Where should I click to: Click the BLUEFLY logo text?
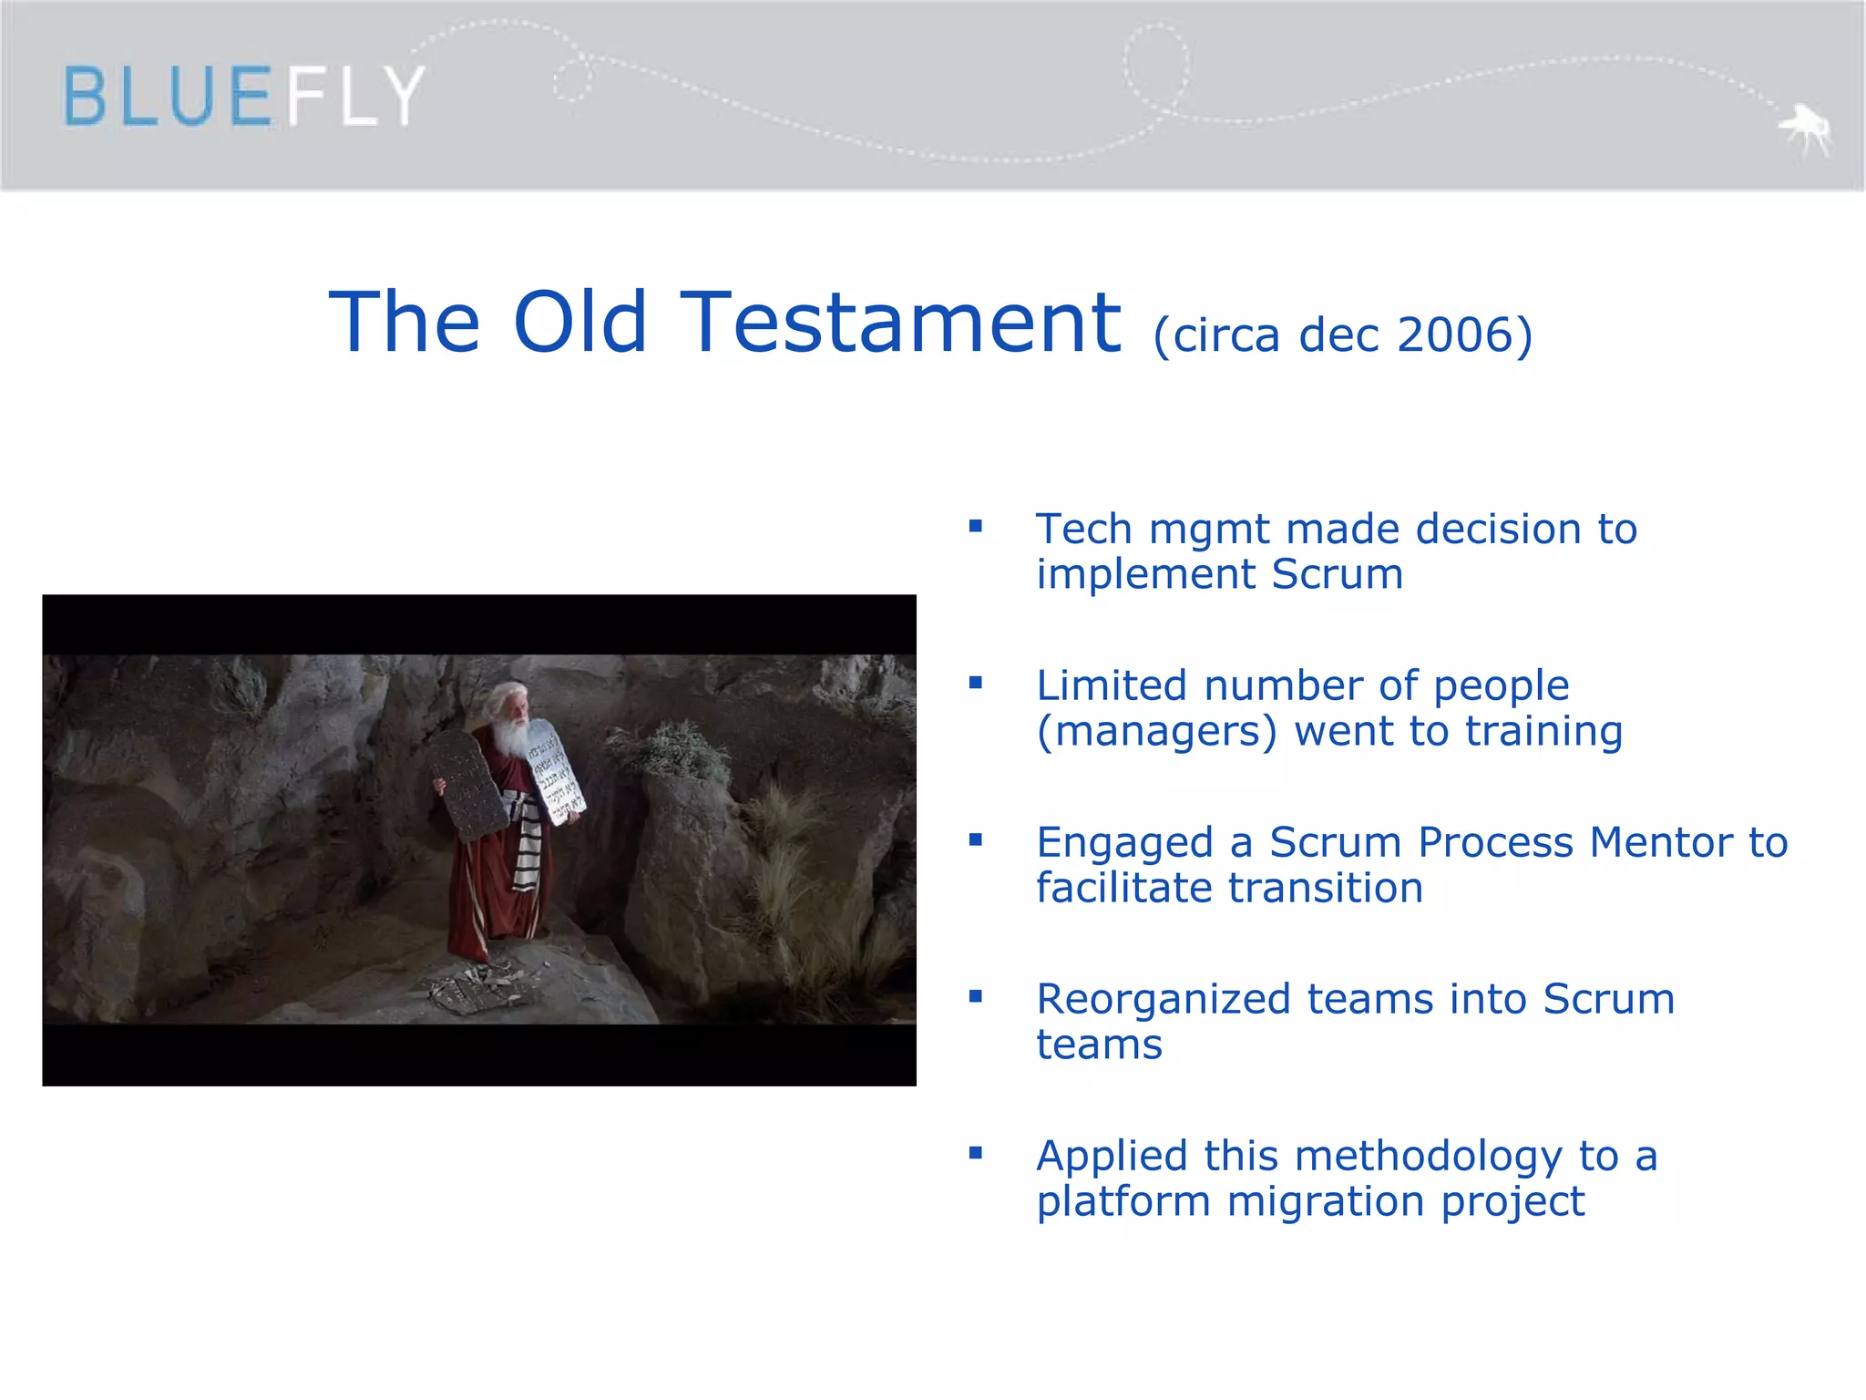[x=244, y=96]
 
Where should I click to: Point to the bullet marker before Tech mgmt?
[x=976, y=526]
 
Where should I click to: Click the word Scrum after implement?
[x=1337, y=574]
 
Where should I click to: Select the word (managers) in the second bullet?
[x=1156, y=732]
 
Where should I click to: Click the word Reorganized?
[x=1164, y=1000]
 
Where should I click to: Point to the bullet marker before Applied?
[x=976, y=1153]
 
